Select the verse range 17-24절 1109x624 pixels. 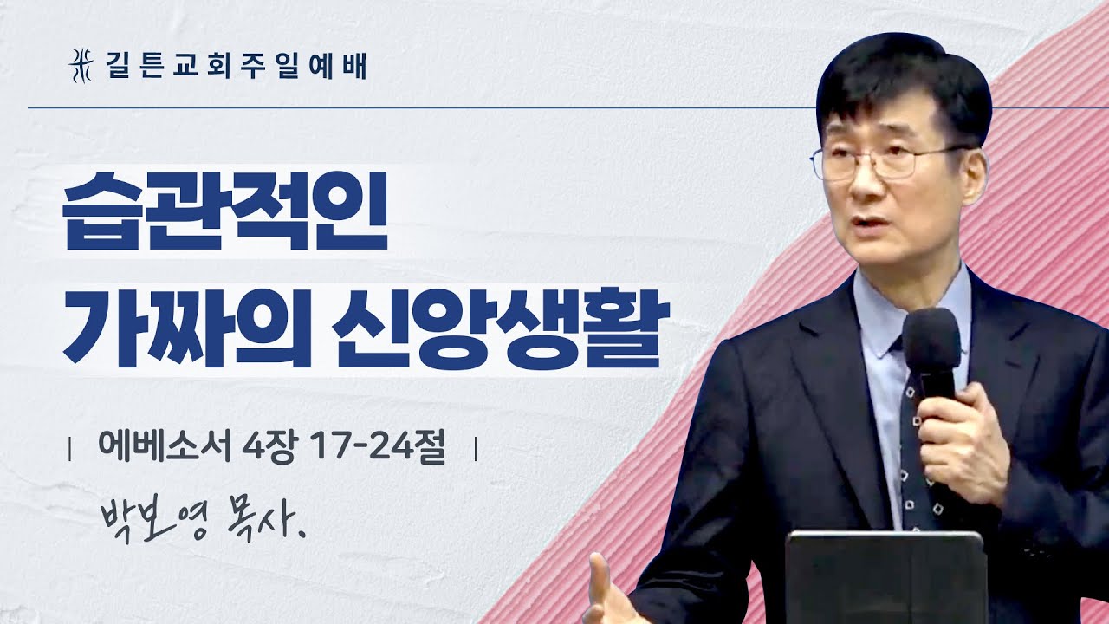(375, 449)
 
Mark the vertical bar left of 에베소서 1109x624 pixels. (70, 451)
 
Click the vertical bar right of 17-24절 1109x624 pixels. (476, 451)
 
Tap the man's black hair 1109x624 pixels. (901, 78)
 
